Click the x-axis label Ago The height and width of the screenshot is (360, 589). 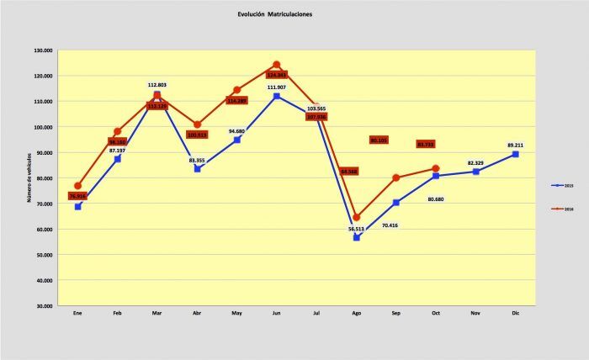pos(356,313)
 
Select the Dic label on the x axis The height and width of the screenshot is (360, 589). pos(515,313)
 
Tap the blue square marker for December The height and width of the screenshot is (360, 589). pos(515,154)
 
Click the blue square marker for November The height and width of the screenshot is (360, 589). pos(475,172)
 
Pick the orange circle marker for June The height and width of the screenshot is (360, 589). pos(276,65)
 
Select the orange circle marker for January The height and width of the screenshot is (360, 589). pos(77,186)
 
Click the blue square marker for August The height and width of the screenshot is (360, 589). pos(356,237)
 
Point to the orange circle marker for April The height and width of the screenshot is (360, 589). pos(197,124)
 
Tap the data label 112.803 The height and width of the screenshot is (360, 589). pos(157,85)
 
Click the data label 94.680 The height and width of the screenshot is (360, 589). pos(236,131)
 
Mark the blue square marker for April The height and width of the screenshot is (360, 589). pos(197,168)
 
